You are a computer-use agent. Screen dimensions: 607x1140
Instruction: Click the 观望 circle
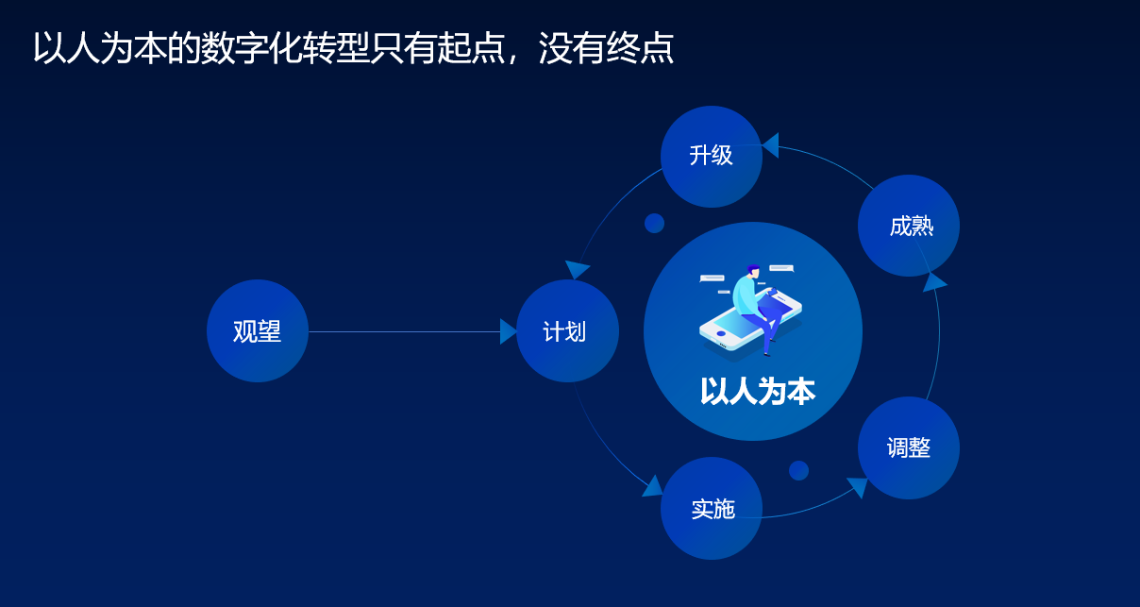click(x=258, y=331)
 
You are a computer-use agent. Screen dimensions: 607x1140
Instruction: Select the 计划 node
click(x=567, y=331)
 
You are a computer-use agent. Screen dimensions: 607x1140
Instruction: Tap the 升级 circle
click(x=712, y=156)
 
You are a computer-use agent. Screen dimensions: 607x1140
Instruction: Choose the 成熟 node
click(x=909, y=226)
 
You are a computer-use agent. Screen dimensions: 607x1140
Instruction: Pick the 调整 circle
click(x=909, y=447)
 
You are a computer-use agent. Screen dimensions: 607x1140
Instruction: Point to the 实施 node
click(x=712, y=509)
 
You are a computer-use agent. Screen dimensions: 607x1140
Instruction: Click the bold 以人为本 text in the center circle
click(x=757, y=391)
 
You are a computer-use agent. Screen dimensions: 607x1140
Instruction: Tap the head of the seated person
click(x=753, y=272)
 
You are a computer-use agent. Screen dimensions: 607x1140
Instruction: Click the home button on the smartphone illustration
click(x=721, y=333)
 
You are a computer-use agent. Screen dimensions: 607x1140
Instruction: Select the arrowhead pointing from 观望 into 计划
click(x=508, y=331)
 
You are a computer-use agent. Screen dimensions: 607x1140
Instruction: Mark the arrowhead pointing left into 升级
click(x=770, y=145)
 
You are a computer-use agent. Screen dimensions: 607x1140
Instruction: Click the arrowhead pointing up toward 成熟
click(x=933, y=281)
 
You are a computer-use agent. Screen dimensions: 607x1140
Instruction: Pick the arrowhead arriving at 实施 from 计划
click(x=652, y=487)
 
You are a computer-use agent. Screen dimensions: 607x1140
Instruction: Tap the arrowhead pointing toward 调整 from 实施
click(x=858, y=486)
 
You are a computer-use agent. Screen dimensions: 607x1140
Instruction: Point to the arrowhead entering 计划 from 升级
click(x=578, y=269)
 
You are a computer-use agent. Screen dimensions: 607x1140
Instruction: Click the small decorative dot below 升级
click(x=654, y=223)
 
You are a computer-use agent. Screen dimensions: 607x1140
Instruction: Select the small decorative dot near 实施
click(x=798, y=470)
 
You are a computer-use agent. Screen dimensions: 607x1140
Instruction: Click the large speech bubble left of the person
click(x=712, y=278)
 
